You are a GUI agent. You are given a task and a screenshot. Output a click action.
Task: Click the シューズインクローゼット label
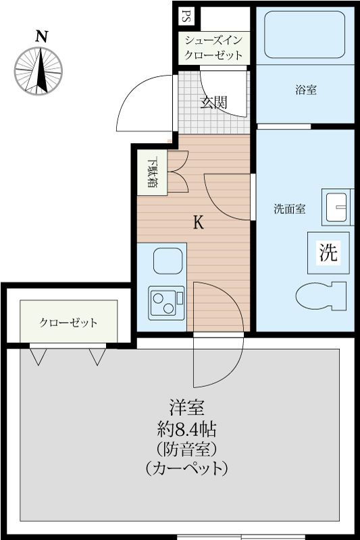(x=213, y=47)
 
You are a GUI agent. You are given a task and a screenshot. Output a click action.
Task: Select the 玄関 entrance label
(x=213, y=103)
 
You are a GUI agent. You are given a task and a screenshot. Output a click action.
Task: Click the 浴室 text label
(x=305, y=90)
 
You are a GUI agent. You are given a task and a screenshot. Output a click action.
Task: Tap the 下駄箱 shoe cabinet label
(x=152, y=172)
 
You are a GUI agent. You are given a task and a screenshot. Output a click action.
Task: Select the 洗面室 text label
(x=289, y=209)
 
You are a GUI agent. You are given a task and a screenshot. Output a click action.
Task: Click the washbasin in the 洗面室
(x=335, y=208)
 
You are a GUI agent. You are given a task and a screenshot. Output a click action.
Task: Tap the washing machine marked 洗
(x=328, y=252)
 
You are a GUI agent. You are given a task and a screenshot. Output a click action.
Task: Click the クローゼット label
(x=68, y=323)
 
